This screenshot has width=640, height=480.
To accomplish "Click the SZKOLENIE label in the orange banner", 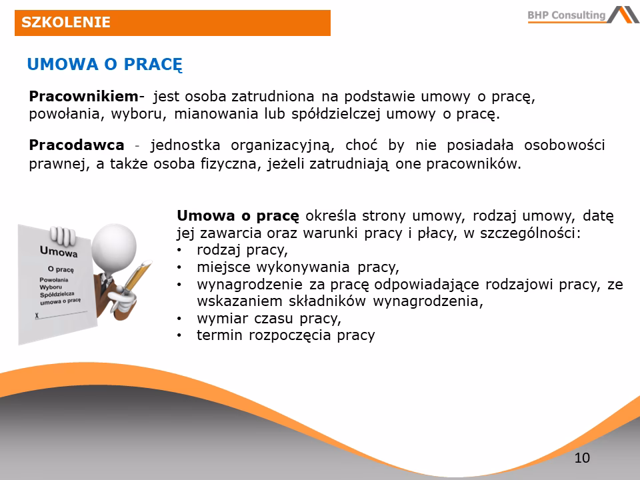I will click(x=66, y=23).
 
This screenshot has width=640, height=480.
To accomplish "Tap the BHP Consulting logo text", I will click(x=567, y=15).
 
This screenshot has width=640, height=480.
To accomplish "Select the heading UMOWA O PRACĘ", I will click(x=105, y=64).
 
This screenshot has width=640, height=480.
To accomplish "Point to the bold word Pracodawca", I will click(x=77, y=145).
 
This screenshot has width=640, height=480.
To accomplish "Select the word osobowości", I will click(x=565, y=145).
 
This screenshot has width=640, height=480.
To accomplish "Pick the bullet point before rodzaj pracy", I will click(x=180, y=251).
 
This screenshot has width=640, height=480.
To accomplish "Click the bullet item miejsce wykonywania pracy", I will click(x=297, y=268).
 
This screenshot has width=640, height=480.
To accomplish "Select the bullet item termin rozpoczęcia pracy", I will click(x=285, y=335).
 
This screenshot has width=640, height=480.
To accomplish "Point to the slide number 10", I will click(x=581, y=458).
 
